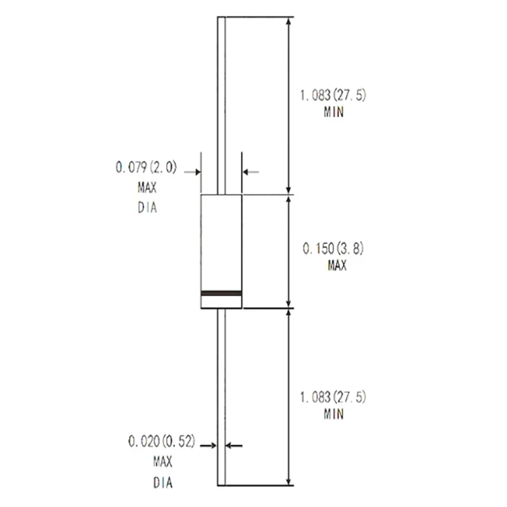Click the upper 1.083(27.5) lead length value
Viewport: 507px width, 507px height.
[333, 96]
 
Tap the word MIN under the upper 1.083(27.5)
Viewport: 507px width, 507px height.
[333, 113]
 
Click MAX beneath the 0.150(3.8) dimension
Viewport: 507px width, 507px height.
[337, 266]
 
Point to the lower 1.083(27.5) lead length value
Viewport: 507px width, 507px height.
[333, 397]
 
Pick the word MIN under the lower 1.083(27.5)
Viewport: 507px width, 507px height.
[333, 414]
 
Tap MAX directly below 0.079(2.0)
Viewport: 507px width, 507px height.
[146, 188]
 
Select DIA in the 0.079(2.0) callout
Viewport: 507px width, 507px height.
[146, 207]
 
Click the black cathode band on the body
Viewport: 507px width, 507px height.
[221, 293]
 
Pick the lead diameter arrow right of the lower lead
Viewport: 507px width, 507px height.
[233, 446]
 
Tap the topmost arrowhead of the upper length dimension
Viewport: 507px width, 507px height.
[289, 21]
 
